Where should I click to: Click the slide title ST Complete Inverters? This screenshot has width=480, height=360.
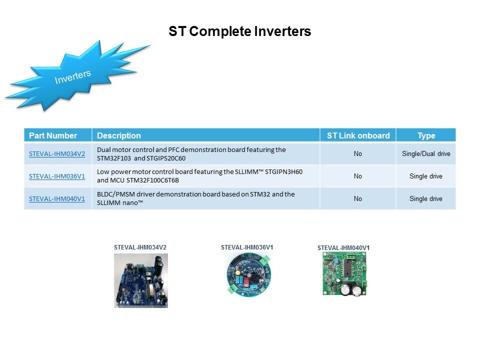click(x=239, y=31)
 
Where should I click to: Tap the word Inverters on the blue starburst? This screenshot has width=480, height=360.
click(x=73, y=76)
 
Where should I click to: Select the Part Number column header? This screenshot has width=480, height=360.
click(x=53, y=135)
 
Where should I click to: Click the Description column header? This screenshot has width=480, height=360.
click(x=119, y=135)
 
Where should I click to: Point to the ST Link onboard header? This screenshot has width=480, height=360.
click(x=358, y=135)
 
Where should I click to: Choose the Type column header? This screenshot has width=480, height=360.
click(x=426, y=135)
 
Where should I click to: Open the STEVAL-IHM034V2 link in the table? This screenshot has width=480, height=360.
click(x=57, y=153)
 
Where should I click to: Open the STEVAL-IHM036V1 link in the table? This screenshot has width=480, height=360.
click(x=57, y=176)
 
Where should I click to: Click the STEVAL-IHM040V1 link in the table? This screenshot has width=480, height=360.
click(x=57, y=198)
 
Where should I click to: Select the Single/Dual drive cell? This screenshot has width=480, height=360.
click(x=426, y=153)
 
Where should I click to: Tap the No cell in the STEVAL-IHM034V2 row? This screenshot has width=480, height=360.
click(x=358, y=153)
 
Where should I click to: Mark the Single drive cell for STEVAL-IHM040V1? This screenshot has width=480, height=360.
click(x=426, y=198)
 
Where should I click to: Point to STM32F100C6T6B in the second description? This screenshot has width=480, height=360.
click(x=152, y=180)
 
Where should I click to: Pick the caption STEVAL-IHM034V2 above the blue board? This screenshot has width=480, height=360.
click(x=140, y=247)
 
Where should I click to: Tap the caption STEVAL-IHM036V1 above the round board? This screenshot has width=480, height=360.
click(x=247, y=247)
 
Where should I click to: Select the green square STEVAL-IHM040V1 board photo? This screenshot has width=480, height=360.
click(x=345, y=274)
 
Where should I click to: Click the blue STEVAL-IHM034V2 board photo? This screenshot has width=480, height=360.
click(x=141, y=280)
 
